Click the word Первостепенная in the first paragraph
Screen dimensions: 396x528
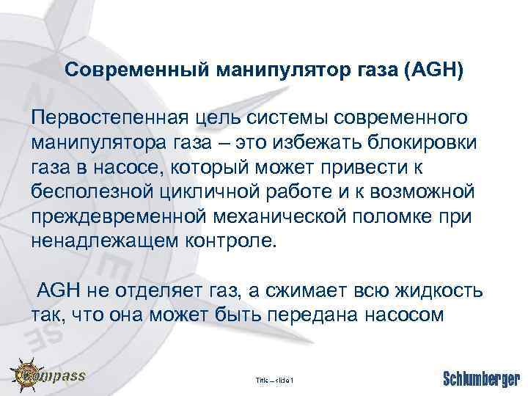pos(108,118)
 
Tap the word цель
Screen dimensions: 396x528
pos(213,118)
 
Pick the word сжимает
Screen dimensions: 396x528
pos(316,291)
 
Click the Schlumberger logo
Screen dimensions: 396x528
pos(480,378)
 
